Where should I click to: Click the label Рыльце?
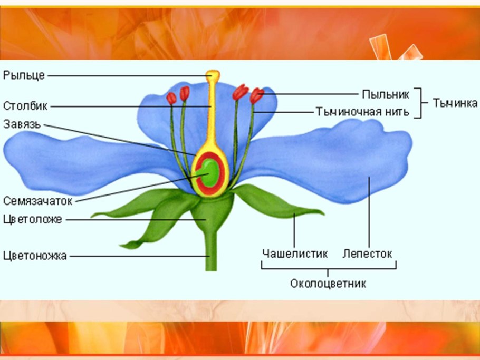[x=24, y=75]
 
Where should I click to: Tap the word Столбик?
[x=25, y=105]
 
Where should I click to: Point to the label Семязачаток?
[x=37, y=201]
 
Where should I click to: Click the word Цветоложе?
[x=32, y=219]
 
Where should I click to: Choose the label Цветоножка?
[x=35, y=256]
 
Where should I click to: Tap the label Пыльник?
[x=386, y=94]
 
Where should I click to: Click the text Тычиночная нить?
[x=362, y=112]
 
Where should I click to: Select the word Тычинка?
[x=455, y=103]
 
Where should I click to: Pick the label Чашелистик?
[x=295, y=254]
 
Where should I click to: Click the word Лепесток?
[x=368, y=254]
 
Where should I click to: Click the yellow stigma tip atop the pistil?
[x=213, y=75]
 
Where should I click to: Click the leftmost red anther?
[x=171, y=98]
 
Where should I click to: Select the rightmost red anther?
[x=257, y=95]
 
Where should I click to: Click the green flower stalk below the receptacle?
[x=211, y=253]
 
